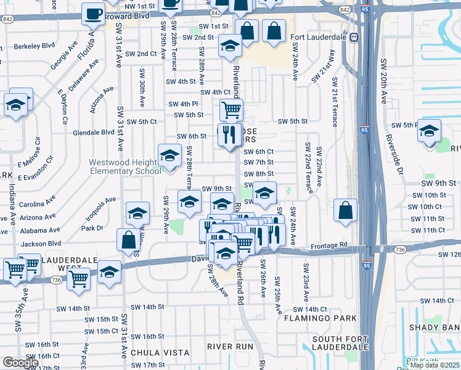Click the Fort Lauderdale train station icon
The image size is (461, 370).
354,37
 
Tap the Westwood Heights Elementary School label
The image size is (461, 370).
125,166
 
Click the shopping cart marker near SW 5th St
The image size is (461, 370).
231,110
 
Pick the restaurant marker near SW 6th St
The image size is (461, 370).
230,134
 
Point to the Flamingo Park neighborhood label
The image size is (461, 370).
320,318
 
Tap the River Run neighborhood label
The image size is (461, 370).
230,347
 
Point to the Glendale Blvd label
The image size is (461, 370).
94,133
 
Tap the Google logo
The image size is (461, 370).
20,363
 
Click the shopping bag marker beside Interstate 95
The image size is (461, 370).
346,210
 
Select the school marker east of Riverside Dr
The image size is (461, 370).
430,130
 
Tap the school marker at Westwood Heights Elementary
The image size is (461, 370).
169,156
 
